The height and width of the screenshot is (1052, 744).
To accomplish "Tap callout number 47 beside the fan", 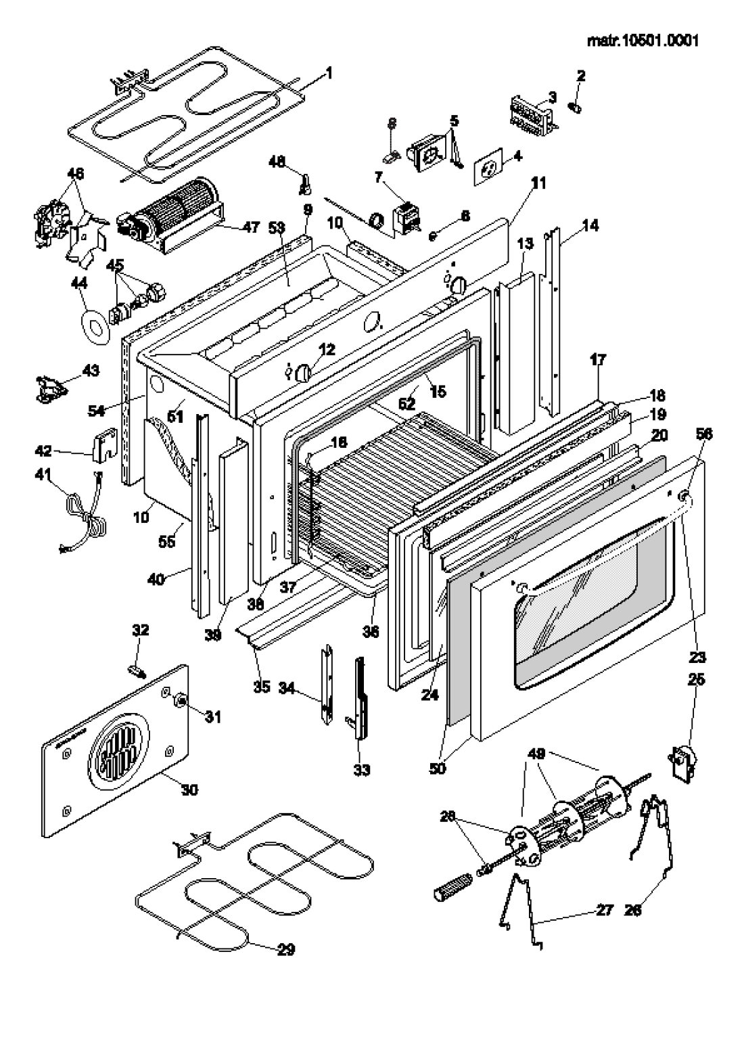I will click(251, 227).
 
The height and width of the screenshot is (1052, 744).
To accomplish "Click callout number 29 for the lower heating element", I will click(286, 950).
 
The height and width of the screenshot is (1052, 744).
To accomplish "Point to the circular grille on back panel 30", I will click(116, 754).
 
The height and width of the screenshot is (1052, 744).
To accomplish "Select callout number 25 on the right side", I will click(696, 679).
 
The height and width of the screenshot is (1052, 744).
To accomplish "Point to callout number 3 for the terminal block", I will click(552, 97).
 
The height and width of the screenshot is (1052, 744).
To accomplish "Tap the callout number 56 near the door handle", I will click(704, 436).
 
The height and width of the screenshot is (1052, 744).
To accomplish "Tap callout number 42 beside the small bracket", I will click(43, 451).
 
